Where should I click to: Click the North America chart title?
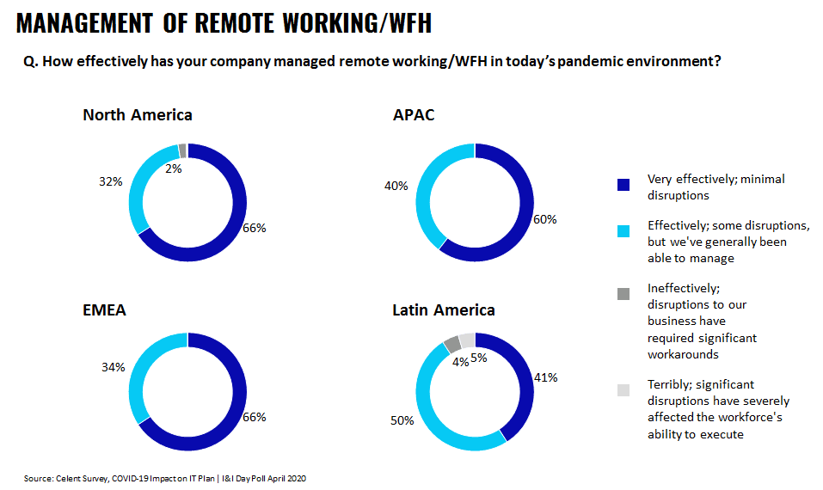137,115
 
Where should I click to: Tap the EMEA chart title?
104,310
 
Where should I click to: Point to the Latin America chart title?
443,310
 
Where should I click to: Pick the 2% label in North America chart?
172,169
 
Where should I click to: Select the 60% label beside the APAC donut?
544,219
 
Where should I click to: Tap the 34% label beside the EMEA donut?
114,367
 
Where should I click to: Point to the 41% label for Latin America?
546,377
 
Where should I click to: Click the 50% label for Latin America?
402,420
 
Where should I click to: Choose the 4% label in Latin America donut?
460,362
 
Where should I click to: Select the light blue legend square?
623,231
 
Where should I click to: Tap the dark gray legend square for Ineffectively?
623,294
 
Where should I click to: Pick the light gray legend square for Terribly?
623,390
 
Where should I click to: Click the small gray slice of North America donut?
182,150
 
